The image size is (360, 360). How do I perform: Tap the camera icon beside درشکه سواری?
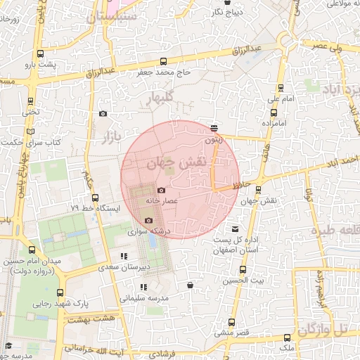[x=148, y=221]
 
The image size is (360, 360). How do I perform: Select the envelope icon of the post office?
[x=235, y=229]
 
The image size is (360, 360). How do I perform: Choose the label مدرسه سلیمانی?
[x=144, y=297]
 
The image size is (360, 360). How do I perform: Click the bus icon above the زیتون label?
[x=214, y=128]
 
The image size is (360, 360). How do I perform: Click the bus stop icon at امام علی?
[x=282, y=88]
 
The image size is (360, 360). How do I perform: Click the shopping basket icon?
[x=191, y=285]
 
